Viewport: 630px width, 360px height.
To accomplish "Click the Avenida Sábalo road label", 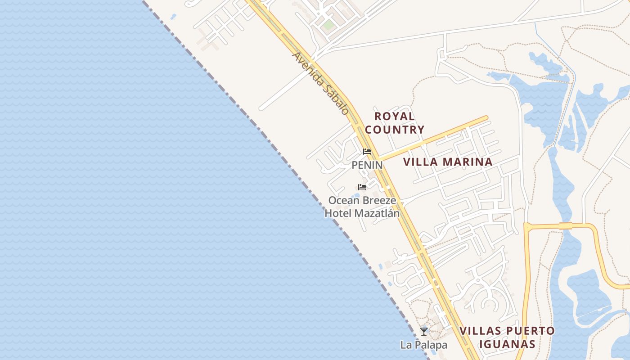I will tap(320, 84).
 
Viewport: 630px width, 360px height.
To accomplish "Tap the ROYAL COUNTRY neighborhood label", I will tap(395, 123).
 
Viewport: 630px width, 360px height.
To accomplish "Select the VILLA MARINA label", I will tap(448, 162).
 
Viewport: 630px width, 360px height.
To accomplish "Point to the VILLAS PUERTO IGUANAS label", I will tap(507, 338).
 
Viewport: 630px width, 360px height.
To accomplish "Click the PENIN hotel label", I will tap(367, 165).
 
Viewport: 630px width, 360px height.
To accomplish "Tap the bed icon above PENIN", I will tap(367, 152).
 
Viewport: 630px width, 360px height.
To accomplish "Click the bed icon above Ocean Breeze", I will tap(362, 187).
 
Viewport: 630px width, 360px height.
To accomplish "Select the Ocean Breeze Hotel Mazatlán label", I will tap(362, 207).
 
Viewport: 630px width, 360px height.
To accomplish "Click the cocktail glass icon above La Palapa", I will tap(423, 332).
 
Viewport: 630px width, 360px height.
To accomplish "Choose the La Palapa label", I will tap(424, 345).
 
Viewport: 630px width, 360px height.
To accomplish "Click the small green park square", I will tap(328, 25).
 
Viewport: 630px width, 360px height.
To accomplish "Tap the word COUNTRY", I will tap(395, 130).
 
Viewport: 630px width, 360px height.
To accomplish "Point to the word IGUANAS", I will tap(507, 345).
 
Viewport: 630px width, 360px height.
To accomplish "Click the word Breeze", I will tap(380, 200).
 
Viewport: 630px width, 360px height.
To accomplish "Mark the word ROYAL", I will tap(395, 116).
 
